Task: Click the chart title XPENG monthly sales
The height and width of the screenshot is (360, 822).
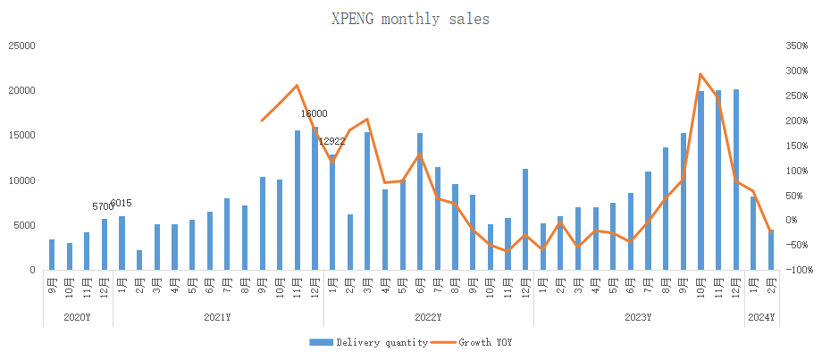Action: coord(411,18)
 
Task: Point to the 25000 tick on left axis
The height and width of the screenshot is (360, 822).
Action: coord(21,46)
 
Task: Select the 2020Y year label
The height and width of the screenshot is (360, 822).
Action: coord(78,317)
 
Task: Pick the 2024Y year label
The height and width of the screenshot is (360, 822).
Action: coord(761,317)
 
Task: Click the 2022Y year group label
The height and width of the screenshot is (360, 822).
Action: coord(429,317)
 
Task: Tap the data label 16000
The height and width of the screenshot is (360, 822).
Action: coord(314,114)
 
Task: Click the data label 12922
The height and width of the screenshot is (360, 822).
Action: coord(331,141)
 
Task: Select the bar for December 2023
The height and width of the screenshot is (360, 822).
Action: coord(735,180)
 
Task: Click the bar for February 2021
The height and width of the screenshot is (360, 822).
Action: coord(139,260)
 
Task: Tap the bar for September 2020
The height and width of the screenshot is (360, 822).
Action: coord(52,255)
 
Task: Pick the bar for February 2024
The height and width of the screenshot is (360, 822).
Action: coord(770,250)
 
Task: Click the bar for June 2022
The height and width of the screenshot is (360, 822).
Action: coord(420,202)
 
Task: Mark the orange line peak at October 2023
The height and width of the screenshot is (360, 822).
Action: coord(700,74)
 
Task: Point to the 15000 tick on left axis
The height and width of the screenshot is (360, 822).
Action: coord(21,136)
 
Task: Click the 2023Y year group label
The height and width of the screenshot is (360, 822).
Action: coord(639,317)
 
